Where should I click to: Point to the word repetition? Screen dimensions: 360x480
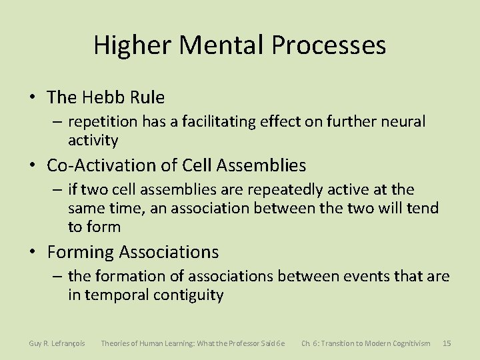coord(103,122)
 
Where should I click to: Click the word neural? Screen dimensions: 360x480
coord(403,122)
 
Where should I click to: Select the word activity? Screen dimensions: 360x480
coord(93,140)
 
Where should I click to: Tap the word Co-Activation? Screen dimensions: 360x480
coord(97,165)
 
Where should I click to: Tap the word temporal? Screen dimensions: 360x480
coord(117,294)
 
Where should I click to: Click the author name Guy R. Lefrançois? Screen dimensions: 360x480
coord(57,343)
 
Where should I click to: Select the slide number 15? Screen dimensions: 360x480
coord(447,343)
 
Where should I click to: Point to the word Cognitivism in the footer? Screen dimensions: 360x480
coord(405,343)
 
